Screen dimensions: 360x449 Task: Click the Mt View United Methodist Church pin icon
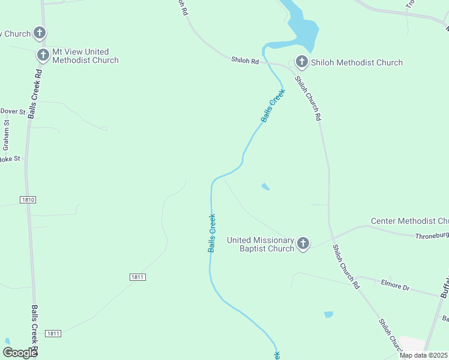pos(43,56)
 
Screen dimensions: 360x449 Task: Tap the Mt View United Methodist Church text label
pos(85,56)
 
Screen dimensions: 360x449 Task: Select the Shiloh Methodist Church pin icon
pos(301,62)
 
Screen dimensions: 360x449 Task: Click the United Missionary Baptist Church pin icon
pos(303,244)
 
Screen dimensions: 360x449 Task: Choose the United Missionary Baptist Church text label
pos(261,244)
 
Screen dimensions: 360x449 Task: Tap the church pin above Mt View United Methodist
pos(40,33)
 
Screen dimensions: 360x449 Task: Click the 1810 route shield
pos(28,200)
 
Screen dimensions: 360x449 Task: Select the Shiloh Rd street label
pos(245,60)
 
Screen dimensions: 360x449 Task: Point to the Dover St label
pos(13,111)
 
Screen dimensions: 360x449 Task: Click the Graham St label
pos(6,136)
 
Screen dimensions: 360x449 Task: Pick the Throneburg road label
pos(432,236)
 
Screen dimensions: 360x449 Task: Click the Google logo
pos(20,353)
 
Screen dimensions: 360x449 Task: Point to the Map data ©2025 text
pos(424,355)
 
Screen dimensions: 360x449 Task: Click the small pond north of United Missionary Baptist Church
pos(265,187)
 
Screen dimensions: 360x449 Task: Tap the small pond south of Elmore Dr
pos(328,314)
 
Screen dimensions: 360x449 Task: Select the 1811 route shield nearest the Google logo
pos(53,334)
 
